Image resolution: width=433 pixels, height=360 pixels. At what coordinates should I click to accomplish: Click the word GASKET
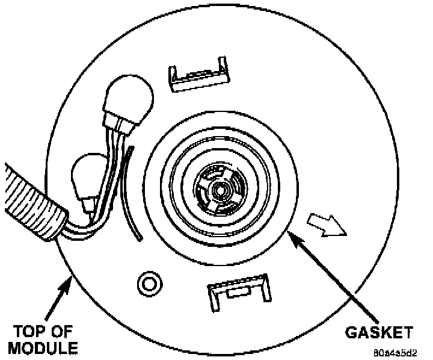point(379,332)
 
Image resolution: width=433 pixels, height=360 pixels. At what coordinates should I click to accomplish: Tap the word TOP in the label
point(26,332)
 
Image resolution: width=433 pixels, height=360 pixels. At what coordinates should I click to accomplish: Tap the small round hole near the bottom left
point(148,281)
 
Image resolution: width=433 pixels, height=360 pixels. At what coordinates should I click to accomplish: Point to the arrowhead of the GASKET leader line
point(292,236)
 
